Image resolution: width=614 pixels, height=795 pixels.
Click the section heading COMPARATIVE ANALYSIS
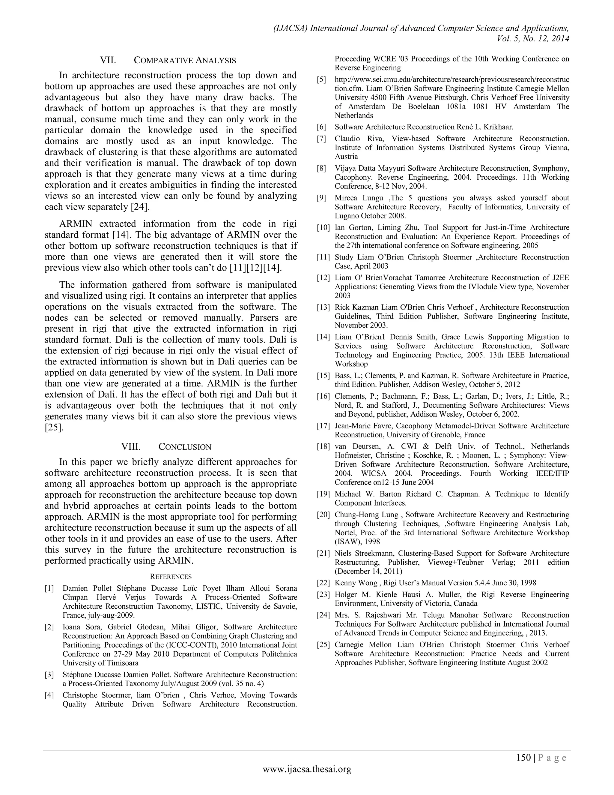[x=185, y=60]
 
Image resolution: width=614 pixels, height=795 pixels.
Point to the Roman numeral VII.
[x=108, y=60]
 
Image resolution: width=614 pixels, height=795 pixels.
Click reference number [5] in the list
[x=322, y=80]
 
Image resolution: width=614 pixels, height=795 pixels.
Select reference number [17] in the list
[x=323, y=426]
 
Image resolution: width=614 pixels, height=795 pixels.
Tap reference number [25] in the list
[x=323, y=645]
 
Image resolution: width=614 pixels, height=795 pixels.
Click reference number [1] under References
[x=49, y=589]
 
